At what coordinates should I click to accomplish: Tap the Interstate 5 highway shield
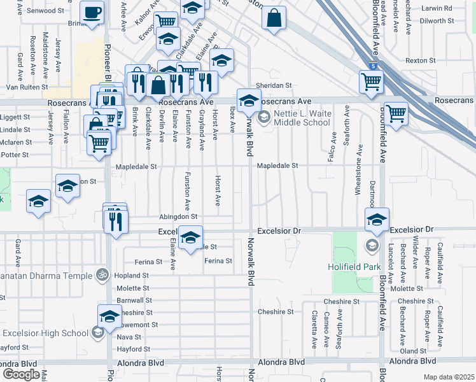tap(372, 66)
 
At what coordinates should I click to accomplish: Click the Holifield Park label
tap(353, 267)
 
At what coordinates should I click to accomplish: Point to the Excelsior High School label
tap(46, 333)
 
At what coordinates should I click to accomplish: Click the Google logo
tap(21, 374)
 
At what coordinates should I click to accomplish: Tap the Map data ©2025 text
tap(449, 377)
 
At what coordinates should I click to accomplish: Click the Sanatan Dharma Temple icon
tap(102, 276)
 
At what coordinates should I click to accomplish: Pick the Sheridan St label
tap(274, 85)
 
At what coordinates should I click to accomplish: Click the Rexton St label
tap(419, 60)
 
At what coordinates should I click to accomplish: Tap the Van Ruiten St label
tap(27, 87)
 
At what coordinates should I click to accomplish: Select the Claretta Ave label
tap(314, 329)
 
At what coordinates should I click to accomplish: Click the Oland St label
tap(413, 351)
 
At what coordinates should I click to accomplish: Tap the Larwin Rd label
tap(437, 8)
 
